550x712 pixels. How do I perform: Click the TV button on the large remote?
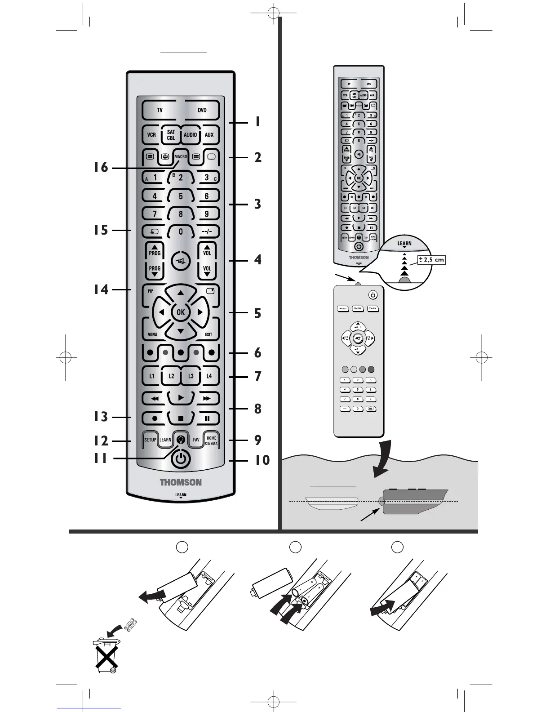160,110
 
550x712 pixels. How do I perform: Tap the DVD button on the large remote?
202,110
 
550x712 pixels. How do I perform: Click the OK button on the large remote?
181,312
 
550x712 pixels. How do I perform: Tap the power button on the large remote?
181,458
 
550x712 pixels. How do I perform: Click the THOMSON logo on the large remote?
181,482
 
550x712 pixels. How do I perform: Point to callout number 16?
101,168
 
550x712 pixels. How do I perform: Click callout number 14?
101,289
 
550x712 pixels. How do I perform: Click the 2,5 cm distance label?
431,260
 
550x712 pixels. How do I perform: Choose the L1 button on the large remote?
152,376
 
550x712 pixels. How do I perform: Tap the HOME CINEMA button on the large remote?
211,441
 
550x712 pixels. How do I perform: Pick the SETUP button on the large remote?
150,440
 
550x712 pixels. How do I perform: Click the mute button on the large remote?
181,261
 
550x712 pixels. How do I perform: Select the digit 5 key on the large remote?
181,196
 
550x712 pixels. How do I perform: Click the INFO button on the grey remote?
358,309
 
